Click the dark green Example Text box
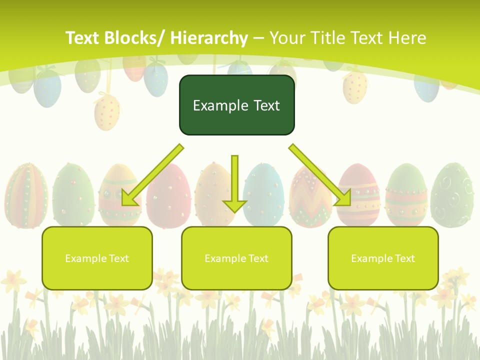236,105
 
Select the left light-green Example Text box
97,258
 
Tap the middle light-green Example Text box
236,258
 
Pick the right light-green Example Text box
383,258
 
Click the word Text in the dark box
262,105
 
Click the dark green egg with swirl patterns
452,195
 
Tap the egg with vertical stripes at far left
26,195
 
